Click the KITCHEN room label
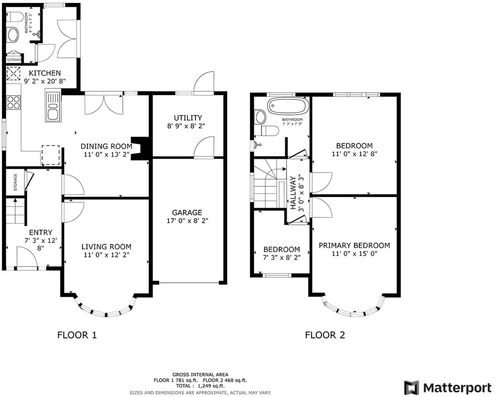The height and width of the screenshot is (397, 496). [x=45, y=73]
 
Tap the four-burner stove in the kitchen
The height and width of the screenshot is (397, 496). [x=14, y=102]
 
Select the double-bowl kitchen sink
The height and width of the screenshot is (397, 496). [x=53, y=105]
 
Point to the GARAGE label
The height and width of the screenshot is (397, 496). [x=187, y=212]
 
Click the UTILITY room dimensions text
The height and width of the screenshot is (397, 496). [x=188, y=126]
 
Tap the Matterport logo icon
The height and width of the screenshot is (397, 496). [x=412, y=388]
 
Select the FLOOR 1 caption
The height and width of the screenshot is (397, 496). [x=77, y=335]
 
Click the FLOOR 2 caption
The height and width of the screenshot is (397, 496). [x=325, y=335]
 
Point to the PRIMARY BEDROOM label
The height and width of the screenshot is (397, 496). [x=354, y=246]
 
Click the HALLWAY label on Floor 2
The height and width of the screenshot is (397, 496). [x=293, y=193]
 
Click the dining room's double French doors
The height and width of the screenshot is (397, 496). [x=104, y=104]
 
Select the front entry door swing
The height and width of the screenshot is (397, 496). [x=27, y=257]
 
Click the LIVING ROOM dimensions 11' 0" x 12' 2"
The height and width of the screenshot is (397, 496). [x=106, y=255]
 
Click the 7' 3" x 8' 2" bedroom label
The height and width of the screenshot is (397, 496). [x=281, y=257]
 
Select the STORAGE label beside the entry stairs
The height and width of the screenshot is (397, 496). [x=15, y=182]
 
